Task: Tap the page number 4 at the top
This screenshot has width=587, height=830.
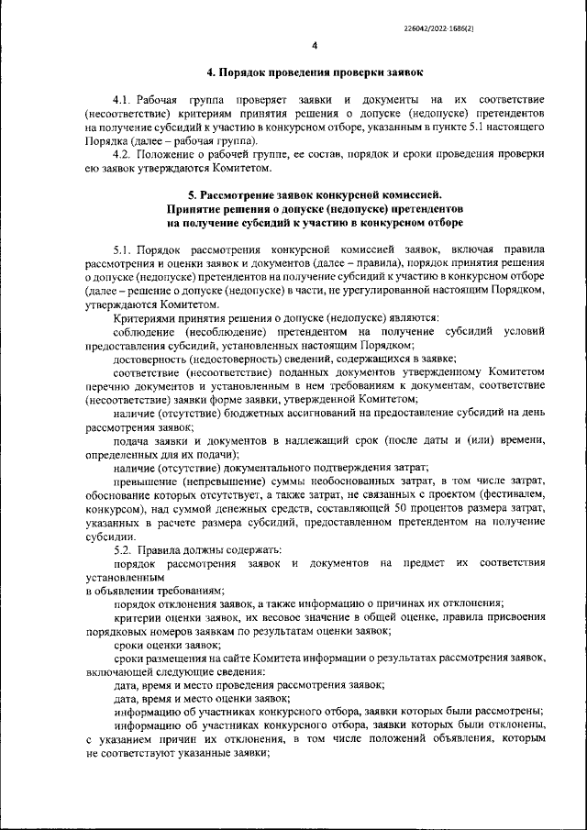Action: [x=314, y=45]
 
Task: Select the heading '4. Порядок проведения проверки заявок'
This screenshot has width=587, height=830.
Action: [x=314, y=72]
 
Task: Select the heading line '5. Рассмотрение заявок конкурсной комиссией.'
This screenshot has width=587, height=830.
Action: [x=314, y=194]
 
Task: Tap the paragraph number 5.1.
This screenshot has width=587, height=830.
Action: [x=124, y=249]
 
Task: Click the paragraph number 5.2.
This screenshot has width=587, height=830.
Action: [x=124, y=550]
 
